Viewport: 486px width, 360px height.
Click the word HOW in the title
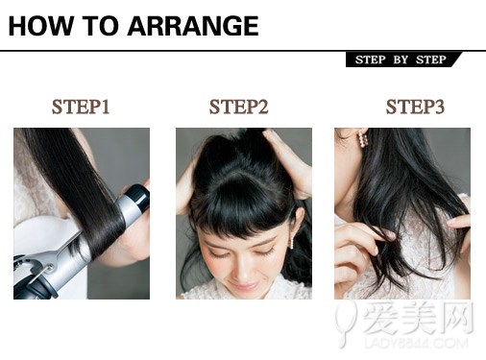[x=40, y=26]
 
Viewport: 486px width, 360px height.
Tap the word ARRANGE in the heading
[x=193, y=26]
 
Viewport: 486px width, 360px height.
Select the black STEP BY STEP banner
[x=402, y=60]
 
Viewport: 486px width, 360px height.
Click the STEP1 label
[x=81, y=107]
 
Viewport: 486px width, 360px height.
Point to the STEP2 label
[x=239, y=107]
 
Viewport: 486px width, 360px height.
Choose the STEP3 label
[x=415, y=107]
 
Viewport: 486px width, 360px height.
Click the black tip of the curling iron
[x=138, y=198]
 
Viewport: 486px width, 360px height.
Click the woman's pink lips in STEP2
[x=243, y=285]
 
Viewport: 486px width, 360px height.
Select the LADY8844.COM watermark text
[x=416, y=344]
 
